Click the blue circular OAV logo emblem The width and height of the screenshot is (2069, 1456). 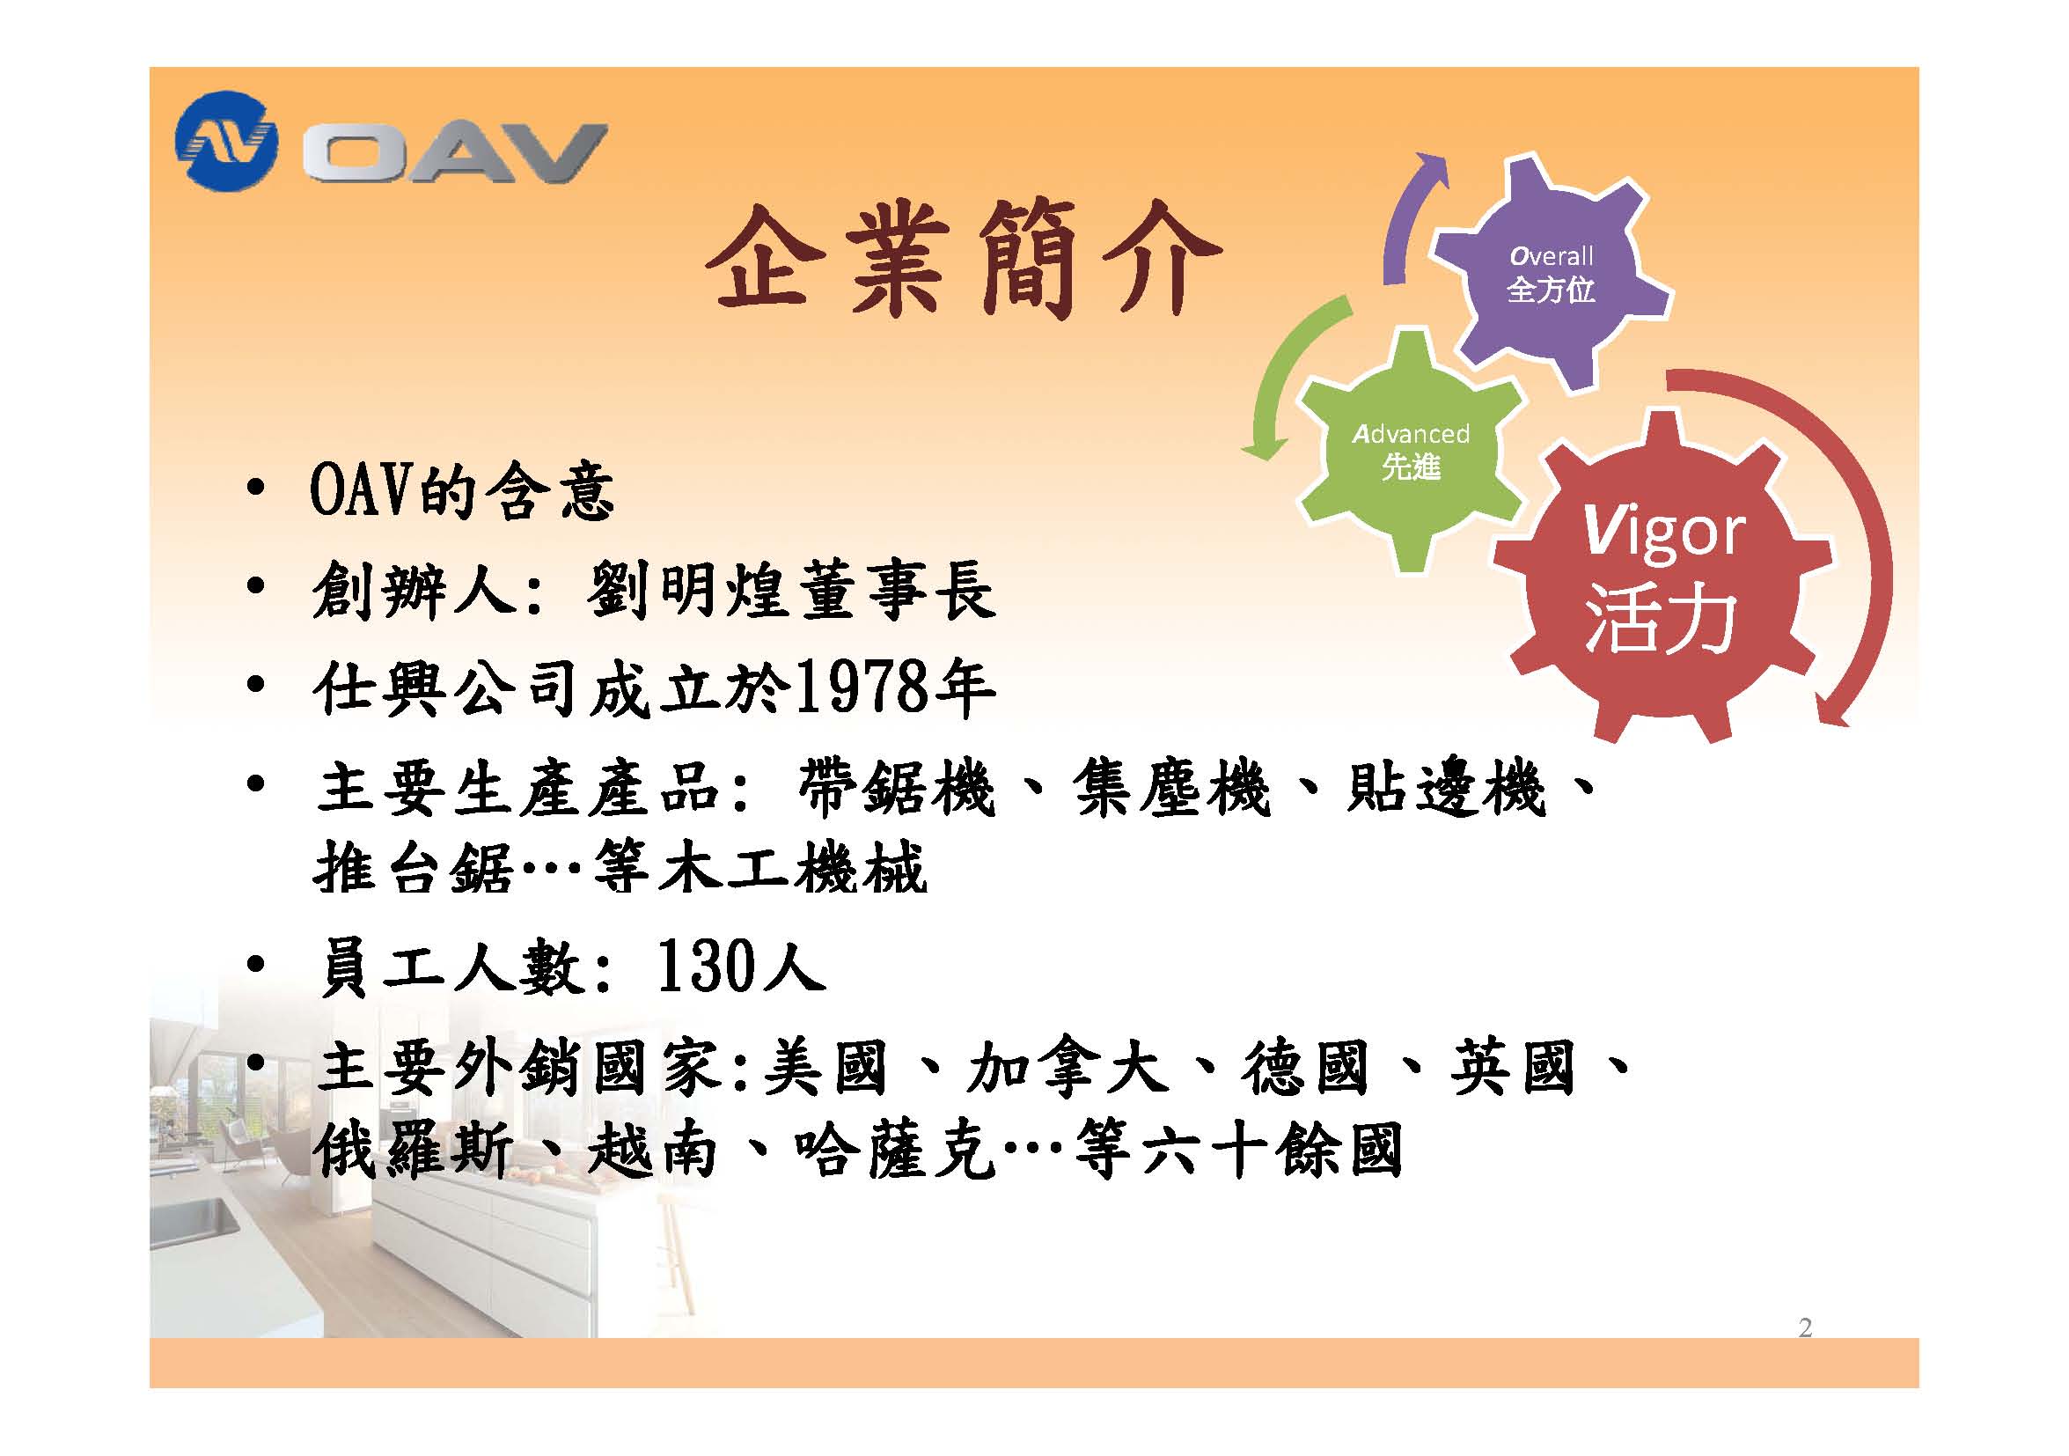click(x=226, y=142)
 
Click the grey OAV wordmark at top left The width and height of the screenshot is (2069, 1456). click(x=454, y=153)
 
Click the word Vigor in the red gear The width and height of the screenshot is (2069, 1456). click(x=1663, y=534)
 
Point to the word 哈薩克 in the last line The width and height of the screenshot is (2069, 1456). click(x=896, y=1151)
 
